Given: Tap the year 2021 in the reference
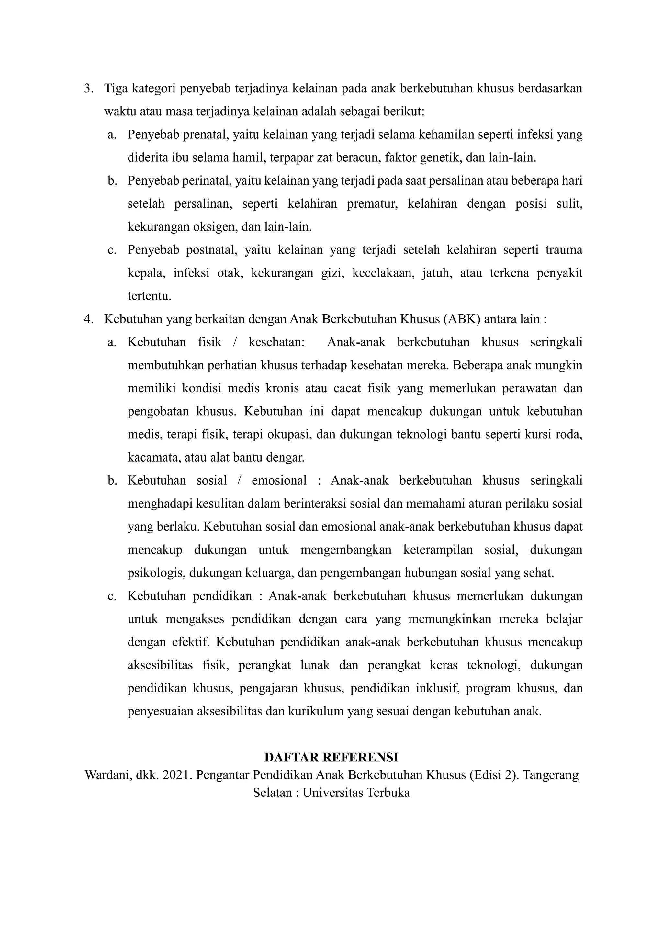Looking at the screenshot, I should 177,775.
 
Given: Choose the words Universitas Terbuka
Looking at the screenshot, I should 356,793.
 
